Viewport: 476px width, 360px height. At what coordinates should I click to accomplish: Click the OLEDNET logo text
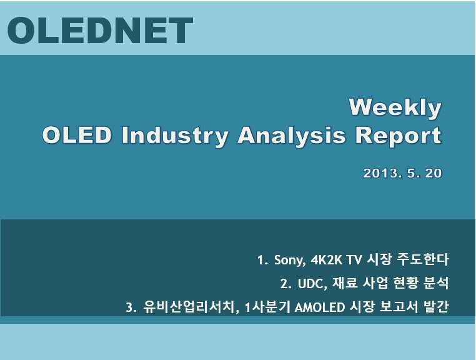click(100, 31)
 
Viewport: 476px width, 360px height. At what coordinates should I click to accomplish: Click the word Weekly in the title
click(395, 108)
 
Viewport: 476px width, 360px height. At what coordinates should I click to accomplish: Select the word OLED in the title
click(77, 135)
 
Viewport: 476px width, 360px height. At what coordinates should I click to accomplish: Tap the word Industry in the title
click(174, 136)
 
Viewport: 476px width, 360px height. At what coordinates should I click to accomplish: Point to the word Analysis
click(292, 136)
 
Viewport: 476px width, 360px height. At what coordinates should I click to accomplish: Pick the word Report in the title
click(399, 136)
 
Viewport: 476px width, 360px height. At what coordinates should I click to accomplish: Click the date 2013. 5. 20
click(402, 173)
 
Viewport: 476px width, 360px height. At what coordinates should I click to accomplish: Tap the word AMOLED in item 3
click(320, 307)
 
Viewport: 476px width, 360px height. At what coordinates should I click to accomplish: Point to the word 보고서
click(399, 307)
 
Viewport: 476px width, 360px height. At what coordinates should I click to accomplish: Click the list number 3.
click(130, 307)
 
